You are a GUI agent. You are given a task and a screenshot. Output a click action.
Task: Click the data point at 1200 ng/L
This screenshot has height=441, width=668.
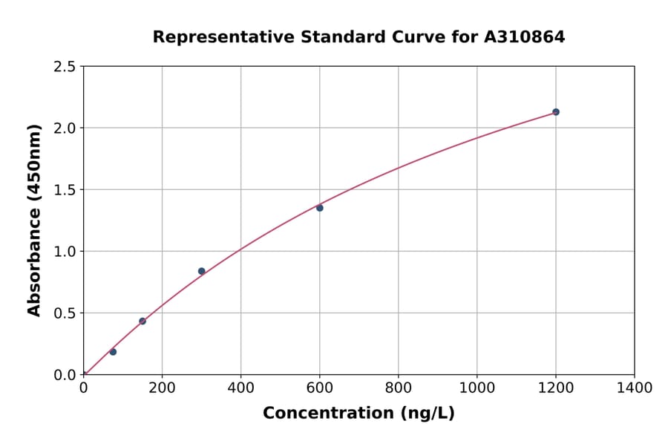555,112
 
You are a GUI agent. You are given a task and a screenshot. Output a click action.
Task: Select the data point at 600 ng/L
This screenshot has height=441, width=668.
320,208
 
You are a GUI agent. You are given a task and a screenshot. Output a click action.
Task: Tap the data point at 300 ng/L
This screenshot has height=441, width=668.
201,271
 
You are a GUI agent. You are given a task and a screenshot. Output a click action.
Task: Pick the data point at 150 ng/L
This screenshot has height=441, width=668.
143,321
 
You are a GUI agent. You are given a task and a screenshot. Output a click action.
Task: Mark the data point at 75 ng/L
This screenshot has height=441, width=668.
113,352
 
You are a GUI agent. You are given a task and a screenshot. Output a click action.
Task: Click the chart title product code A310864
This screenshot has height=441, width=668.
525,36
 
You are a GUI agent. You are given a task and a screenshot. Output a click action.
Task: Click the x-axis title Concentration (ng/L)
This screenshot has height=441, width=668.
358,414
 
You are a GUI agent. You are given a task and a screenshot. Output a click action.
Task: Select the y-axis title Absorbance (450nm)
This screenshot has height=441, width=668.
34,220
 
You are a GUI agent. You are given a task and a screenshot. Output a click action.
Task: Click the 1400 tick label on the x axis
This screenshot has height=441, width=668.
634,388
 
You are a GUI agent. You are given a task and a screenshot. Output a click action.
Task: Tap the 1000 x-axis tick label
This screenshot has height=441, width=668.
477,388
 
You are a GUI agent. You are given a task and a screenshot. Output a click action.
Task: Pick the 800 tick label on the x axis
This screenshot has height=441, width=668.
398,388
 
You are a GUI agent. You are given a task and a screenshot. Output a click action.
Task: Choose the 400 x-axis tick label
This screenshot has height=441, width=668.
240,388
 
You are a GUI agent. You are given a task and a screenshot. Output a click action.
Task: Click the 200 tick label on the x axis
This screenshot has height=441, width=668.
162,388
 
